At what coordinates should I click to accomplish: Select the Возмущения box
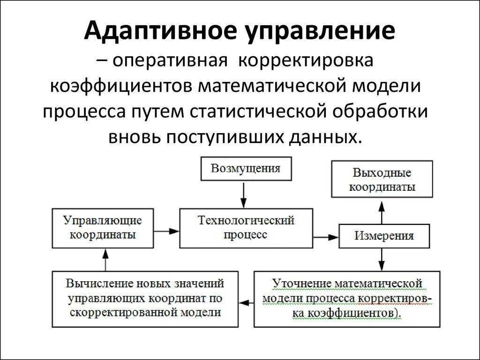tap(246, 169)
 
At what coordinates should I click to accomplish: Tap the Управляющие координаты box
tap(103, 228)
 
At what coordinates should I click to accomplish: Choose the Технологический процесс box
tap(246, 228)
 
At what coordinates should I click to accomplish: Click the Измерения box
tap(384, 236)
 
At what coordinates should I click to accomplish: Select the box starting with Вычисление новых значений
tap(145, 299)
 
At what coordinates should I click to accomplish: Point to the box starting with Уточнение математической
tap(347, 299)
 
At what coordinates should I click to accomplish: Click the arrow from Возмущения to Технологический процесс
tap(243, 194)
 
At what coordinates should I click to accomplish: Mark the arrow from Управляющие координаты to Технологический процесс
tap(166, 231)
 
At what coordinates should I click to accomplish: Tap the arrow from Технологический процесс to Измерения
tap(326, 237)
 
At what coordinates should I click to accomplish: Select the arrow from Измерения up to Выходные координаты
tap(382, 212)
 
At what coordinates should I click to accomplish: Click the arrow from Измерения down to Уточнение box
tap(382, 259)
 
